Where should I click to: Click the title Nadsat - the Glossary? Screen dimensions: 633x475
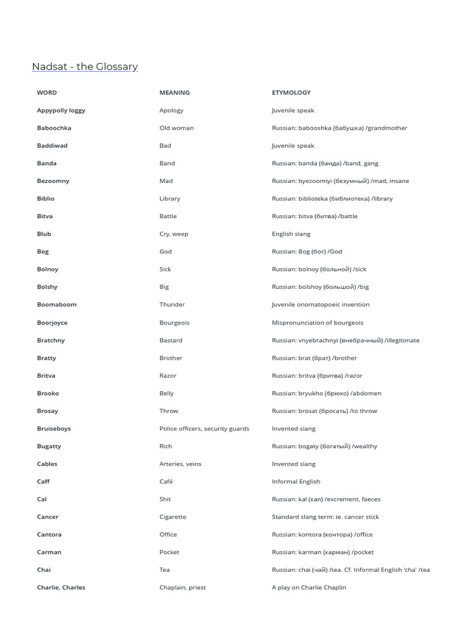point(85,67)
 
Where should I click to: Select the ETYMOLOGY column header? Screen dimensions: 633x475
point(291,93)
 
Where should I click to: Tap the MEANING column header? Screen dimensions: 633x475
point(174,93)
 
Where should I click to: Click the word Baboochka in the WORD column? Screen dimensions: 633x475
point(54,128)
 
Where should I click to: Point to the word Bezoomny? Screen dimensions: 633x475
point(53,181)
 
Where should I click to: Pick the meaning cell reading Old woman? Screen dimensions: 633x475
point(176,128)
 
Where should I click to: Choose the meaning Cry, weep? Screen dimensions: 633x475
point(174,234)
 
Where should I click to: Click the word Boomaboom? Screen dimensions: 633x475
point(57,305)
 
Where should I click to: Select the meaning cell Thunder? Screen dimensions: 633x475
point(172,305)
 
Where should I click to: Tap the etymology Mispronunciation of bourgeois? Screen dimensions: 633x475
point(317,323)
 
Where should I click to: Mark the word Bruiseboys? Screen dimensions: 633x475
point(54,428)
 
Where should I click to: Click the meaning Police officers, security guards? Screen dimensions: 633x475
point(204,428)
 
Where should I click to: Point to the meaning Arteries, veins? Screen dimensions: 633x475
point(180,464)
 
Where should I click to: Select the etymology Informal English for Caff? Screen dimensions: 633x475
point(296,482)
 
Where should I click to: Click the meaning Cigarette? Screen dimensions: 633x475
point(173,517)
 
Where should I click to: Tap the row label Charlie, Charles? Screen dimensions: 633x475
point(61,587)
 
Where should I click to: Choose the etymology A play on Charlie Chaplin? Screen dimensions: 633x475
point(309,587)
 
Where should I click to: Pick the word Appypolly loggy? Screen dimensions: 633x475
point(61,111)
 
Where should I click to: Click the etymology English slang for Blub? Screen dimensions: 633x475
point(291,234)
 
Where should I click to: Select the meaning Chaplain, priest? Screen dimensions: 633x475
point(182,587)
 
